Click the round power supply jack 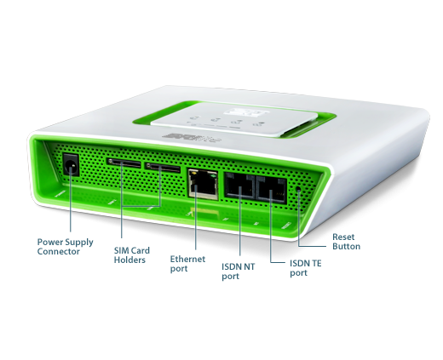71,166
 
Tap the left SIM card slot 124,163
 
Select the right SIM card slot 163,168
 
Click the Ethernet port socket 203,185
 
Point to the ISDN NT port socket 239,186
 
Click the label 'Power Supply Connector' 66,247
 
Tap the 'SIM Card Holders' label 132,255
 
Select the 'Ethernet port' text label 187,264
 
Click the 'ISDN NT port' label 239,271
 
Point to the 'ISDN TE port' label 306,268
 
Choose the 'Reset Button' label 346,242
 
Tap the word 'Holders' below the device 129,260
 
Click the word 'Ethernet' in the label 187,259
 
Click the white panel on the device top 233,119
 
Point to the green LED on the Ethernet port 213,176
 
